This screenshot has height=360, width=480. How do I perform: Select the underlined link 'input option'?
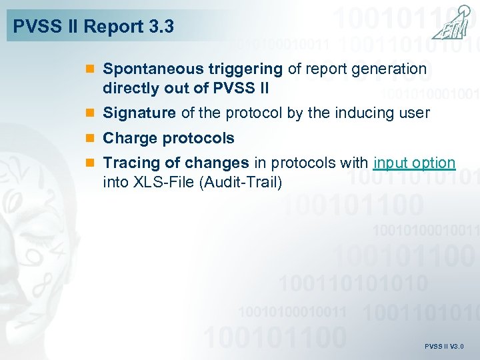coord(415,163)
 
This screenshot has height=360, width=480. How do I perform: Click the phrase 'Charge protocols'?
coord(169,139)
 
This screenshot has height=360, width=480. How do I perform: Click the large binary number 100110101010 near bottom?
coord(353,283)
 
